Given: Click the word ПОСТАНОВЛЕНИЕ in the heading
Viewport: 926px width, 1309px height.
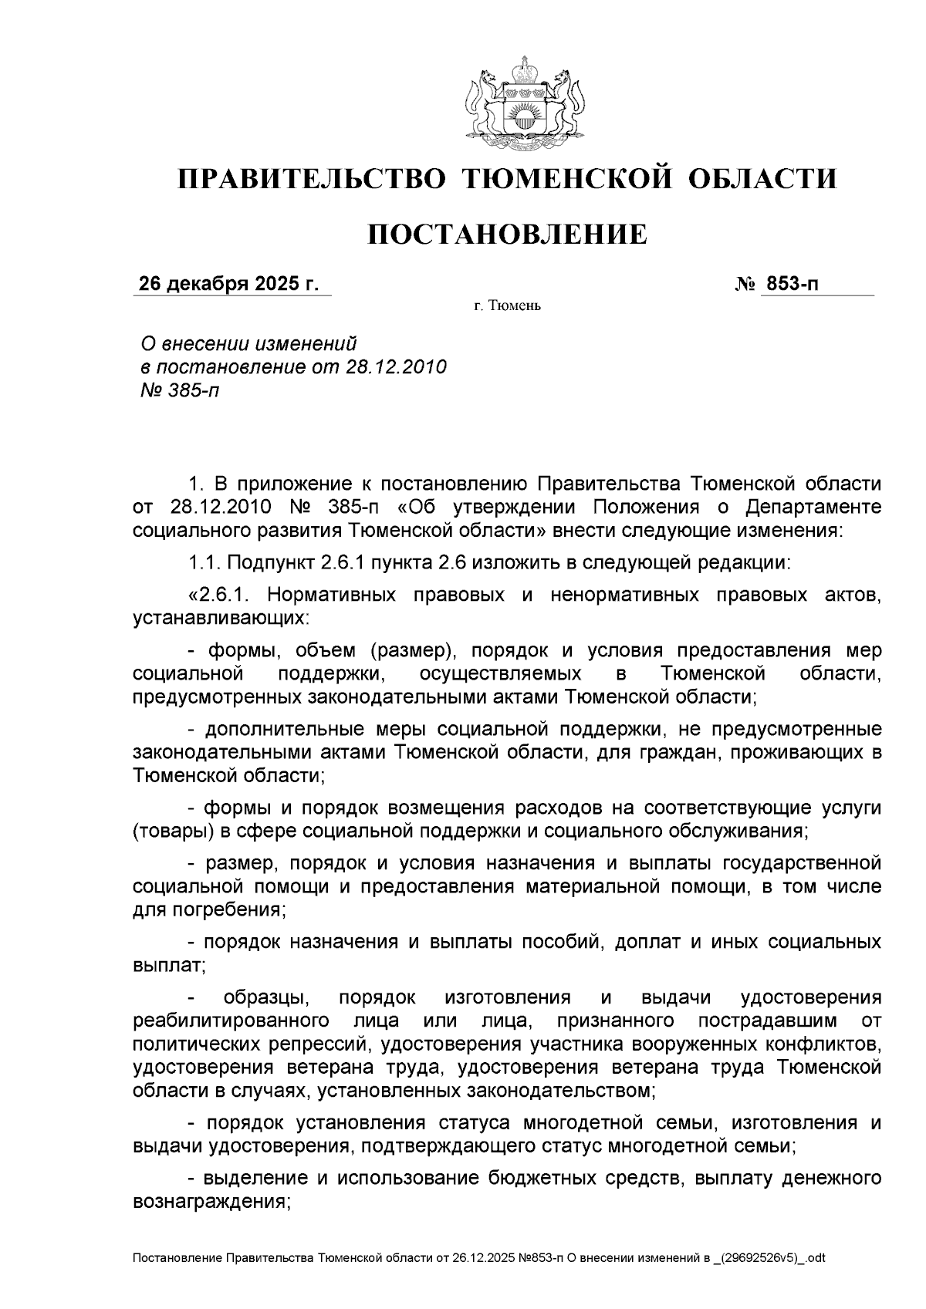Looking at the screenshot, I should click(x=506, y=234).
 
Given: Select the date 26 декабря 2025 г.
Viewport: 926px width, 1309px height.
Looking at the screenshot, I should click(x=228, y=285).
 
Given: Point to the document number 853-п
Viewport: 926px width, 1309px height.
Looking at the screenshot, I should click(x=790, y=285).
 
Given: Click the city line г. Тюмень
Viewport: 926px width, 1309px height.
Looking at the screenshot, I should click(x=507, y=307).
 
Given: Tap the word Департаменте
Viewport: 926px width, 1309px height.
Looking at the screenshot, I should click(x=813, y=507).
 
